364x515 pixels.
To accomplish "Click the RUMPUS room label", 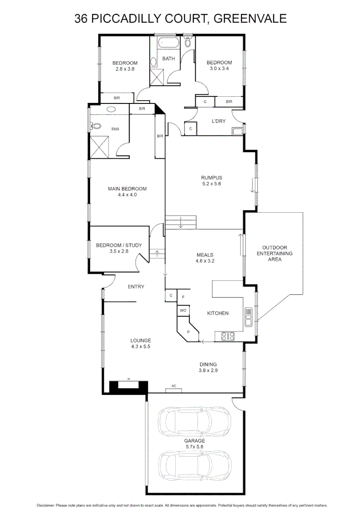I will tap(212, 178).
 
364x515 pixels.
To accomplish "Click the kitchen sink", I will tap(249, 316).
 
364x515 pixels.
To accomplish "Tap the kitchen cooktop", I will tap(227, 336).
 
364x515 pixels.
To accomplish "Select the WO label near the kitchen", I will tap(183, 310).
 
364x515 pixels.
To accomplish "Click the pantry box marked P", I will tap(188, 331).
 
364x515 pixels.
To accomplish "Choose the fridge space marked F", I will tap(183, 297).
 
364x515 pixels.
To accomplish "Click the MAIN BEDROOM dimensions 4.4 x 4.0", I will tap(127, 195).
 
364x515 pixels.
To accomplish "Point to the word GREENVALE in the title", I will tap(251, 19).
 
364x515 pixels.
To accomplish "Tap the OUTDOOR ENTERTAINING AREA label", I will tap(274, 254).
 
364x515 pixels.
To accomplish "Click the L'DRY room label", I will tap(218, 121).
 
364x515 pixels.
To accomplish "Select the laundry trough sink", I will tap(238, 131).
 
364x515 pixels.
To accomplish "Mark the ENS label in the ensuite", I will tap(115, 129).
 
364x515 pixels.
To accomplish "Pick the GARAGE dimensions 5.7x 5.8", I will tap(194, 447).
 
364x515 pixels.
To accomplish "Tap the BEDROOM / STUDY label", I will tap(119, 245).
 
